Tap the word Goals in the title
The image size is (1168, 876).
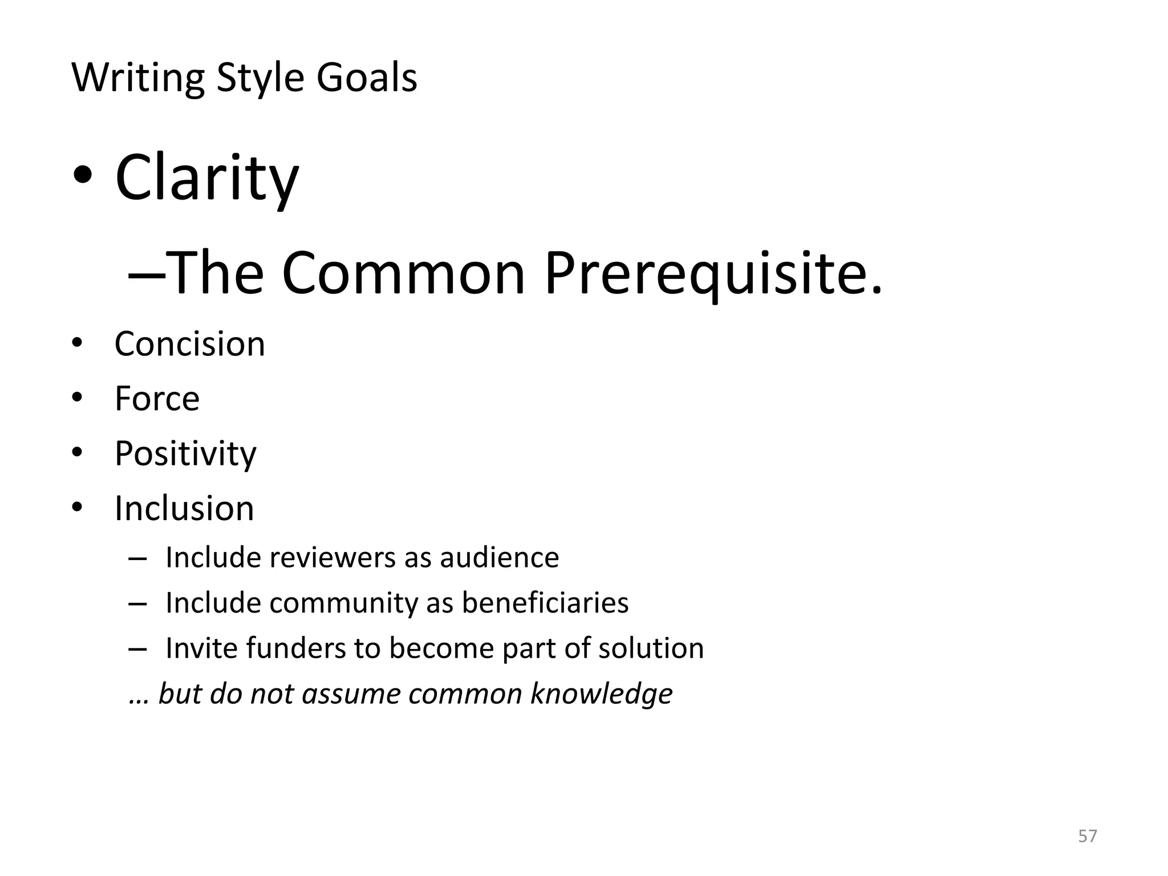[367, 78]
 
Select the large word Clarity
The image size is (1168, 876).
[206, 178]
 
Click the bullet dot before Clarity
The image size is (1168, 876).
[82, 176]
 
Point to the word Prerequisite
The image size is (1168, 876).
[713, 274]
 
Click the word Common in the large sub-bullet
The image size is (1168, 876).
[403, 274]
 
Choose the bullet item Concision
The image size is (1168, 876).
[189, 344]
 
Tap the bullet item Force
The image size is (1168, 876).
[157, 398]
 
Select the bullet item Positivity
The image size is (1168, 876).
[185, 454]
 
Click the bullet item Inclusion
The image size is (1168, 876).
[184, 508]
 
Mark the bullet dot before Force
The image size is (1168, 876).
[78, 397]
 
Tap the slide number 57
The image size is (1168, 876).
[1087, 836]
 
